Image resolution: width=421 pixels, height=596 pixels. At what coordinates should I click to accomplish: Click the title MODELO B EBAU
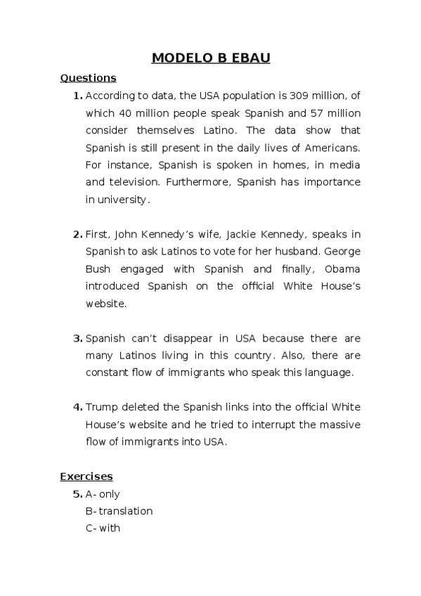tap(211, 58)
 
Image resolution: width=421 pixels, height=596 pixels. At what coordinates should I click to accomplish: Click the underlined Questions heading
tap(88, 78)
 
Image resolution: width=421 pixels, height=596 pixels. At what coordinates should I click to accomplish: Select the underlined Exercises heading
tap(86, 477)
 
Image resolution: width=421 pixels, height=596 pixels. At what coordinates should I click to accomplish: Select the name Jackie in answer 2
tap(221, 234)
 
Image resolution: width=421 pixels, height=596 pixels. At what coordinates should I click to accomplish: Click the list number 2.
tap(77, 234)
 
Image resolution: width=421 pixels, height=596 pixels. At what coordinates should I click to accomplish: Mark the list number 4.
tap(77, 407)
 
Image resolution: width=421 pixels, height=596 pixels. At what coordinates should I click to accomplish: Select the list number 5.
tap(77, 494)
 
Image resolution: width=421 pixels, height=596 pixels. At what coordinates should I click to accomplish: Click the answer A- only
tap(103, 494)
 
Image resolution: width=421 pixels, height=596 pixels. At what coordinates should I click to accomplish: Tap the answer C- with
tap(103, 528)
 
